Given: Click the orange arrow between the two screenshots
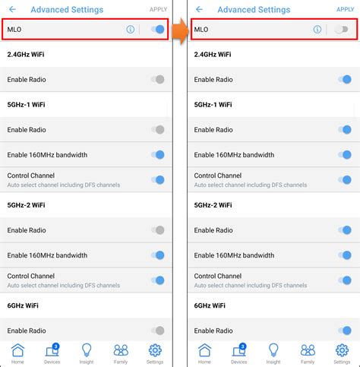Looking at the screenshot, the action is (180, 31).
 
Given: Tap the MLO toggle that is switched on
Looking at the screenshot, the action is (158, 30).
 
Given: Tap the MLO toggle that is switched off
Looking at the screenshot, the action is (342, 30).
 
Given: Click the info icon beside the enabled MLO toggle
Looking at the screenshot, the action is (131, 30).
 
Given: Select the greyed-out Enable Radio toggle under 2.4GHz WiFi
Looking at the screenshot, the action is (158, 80).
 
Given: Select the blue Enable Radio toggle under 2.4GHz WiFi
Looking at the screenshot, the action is (345, 80).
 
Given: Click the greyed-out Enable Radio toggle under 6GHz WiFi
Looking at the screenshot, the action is (158, 331).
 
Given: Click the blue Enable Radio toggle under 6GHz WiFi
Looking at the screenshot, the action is (345, 331).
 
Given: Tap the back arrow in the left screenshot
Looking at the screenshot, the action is (12, 10).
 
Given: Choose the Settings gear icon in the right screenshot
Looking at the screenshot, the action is (342, 350).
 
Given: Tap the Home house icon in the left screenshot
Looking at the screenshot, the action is (17, 350).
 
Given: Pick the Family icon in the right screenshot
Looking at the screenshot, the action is (308, 350).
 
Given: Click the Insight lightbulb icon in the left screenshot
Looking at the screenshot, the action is (87, 350).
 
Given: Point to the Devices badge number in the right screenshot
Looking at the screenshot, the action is (243, 346).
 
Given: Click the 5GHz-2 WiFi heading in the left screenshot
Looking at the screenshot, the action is (26, 205).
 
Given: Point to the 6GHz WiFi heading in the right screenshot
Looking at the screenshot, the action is (210, 305).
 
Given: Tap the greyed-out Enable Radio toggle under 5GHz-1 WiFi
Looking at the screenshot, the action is (158, 130).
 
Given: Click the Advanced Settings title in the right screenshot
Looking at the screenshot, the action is (254, 10).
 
